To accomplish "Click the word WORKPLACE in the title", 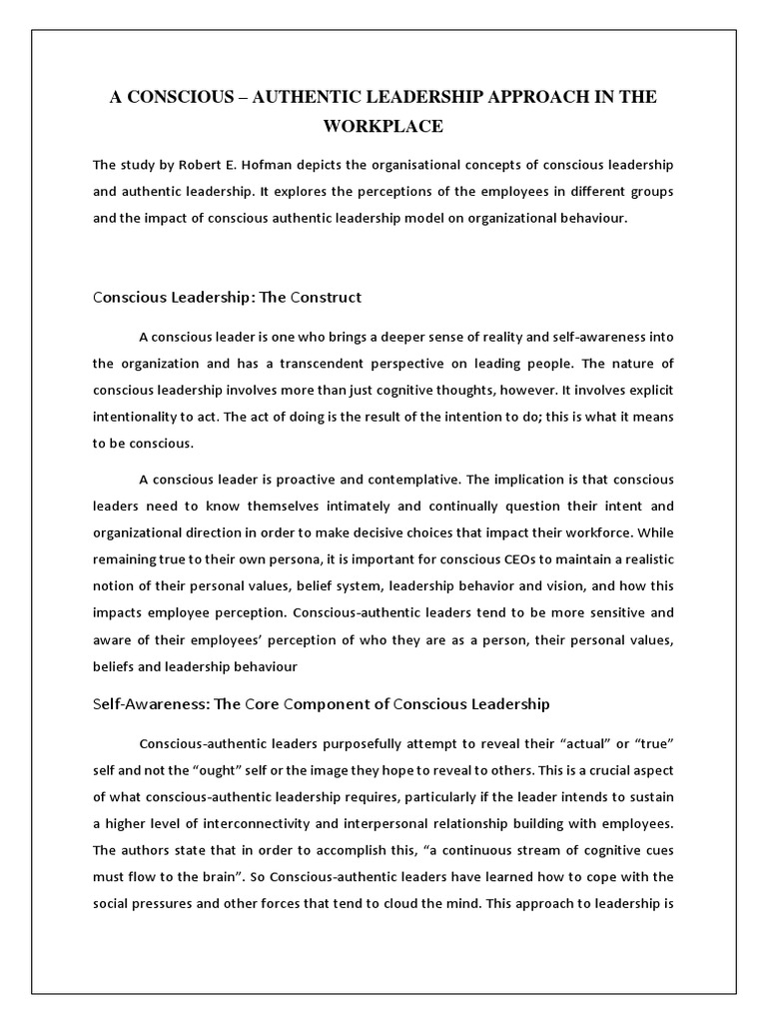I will [383, 127].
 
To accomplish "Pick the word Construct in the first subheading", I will [325, 298].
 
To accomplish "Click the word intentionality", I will [137, 415].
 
